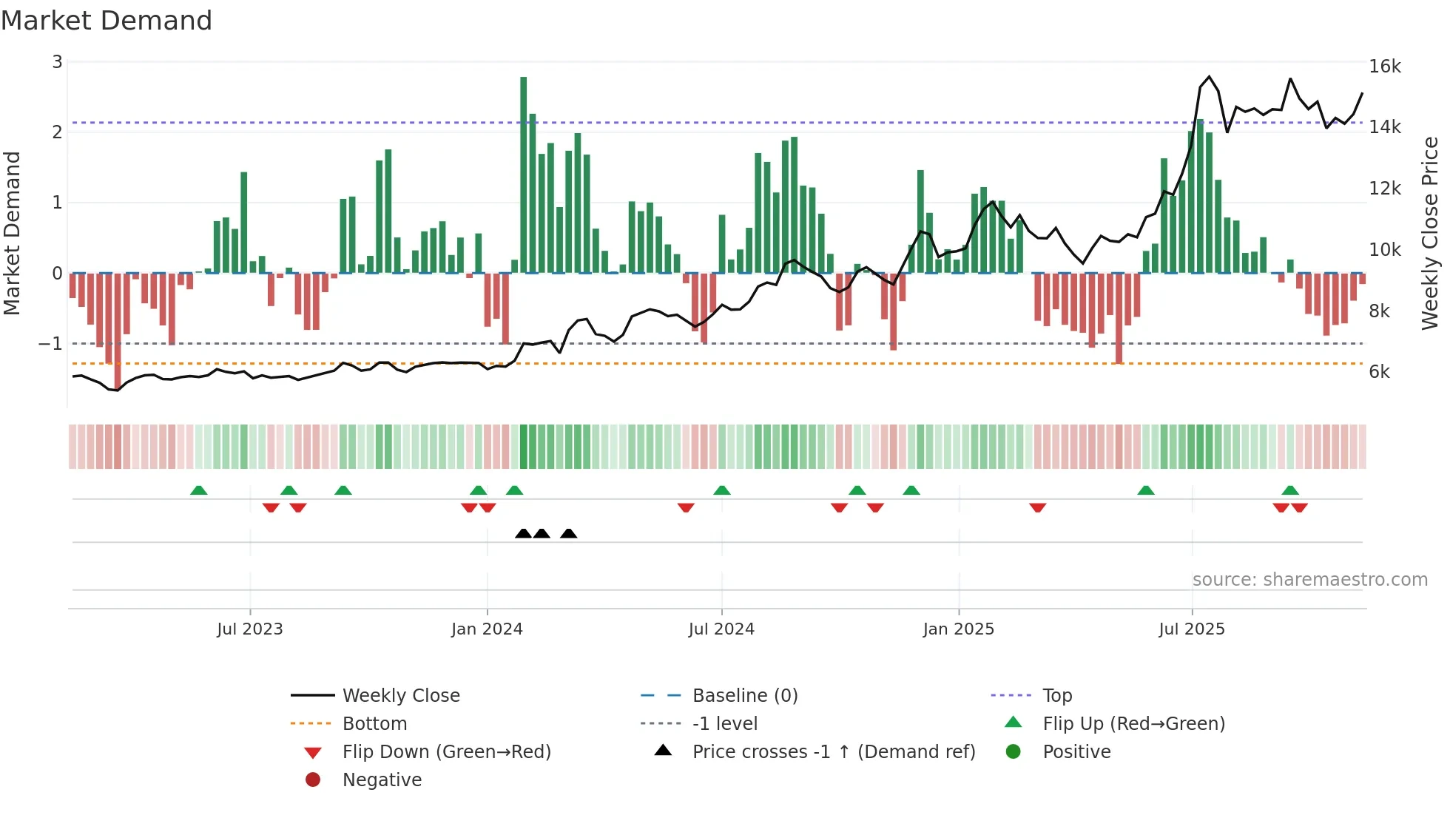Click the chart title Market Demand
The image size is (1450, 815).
coord(107,21)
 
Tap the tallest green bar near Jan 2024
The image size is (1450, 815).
coord(523,174)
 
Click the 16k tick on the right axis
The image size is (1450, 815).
coord(1384,67)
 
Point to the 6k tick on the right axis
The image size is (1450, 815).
coord(1379,372)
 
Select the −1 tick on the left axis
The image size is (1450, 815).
coord(50,344)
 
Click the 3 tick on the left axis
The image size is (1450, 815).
coord(57,62)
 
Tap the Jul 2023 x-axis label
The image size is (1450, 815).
coord(249,629)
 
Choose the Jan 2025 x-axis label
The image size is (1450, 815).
coord(958,629)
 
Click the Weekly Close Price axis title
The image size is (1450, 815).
coord(1430,233)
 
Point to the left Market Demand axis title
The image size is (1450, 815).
coord(12,233)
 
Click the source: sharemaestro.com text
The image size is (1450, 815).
coord(1309,580)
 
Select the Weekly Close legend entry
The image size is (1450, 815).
coord(400,696)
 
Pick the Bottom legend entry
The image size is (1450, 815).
coord(374,724)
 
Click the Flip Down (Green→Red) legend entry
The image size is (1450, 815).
coord(446,752)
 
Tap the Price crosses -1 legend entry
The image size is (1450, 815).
coord(833,752)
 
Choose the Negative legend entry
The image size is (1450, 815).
coord(382,780)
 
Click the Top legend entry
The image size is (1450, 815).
coord(1056,696)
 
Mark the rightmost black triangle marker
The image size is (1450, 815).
coord(568,533)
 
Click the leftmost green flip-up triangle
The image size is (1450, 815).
coord(198,490)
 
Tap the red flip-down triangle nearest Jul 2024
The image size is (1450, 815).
coord(686,507)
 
